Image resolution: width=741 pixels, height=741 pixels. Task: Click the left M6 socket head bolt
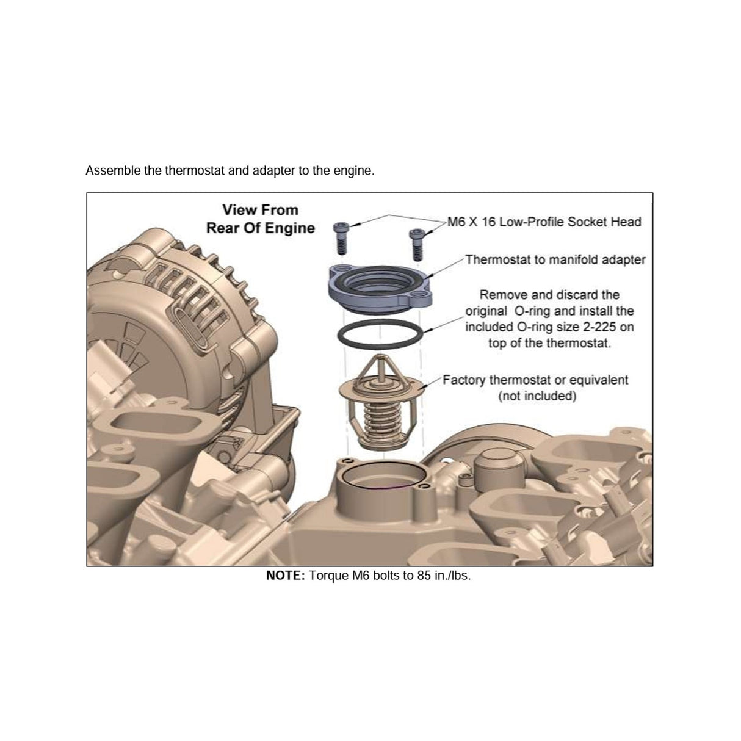point(341,239)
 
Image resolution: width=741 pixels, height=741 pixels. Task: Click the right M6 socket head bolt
point(417,245)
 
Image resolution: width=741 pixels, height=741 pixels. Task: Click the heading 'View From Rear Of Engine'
point(261,219)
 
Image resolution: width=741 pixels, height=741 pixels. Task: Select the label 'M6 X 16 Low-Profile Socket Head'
point(544,222)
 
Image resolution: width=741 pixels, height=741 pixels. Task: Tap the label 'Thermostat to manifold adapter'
point(555,259)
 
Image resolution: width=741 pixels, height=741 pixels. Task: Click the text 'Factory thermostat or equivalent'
point(535,380)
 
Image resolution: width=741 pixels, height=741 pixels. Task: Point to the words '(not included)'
point(537,396)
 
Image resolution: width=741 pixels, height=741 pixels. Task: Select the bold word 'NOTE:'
point(286,576)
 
